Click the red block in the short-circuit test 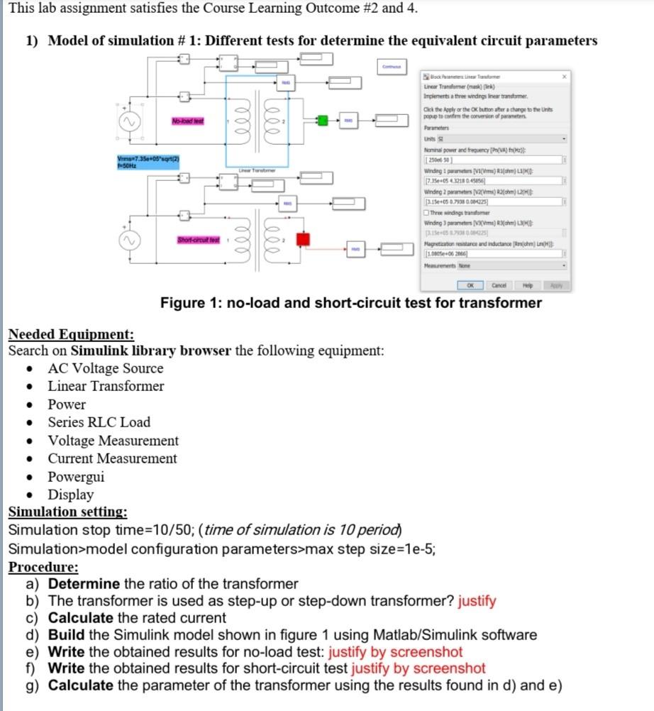[303, 240]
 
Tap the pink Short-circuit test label [198, 238]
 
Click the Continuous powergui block [392, 67]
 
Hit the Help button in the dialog [527, 285]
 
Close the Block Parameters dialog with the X [565, 75]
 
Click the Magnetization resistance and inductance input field [492, 253]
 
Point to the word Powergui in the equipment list [76, 477]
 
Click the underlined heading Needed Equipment [71, 335]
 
